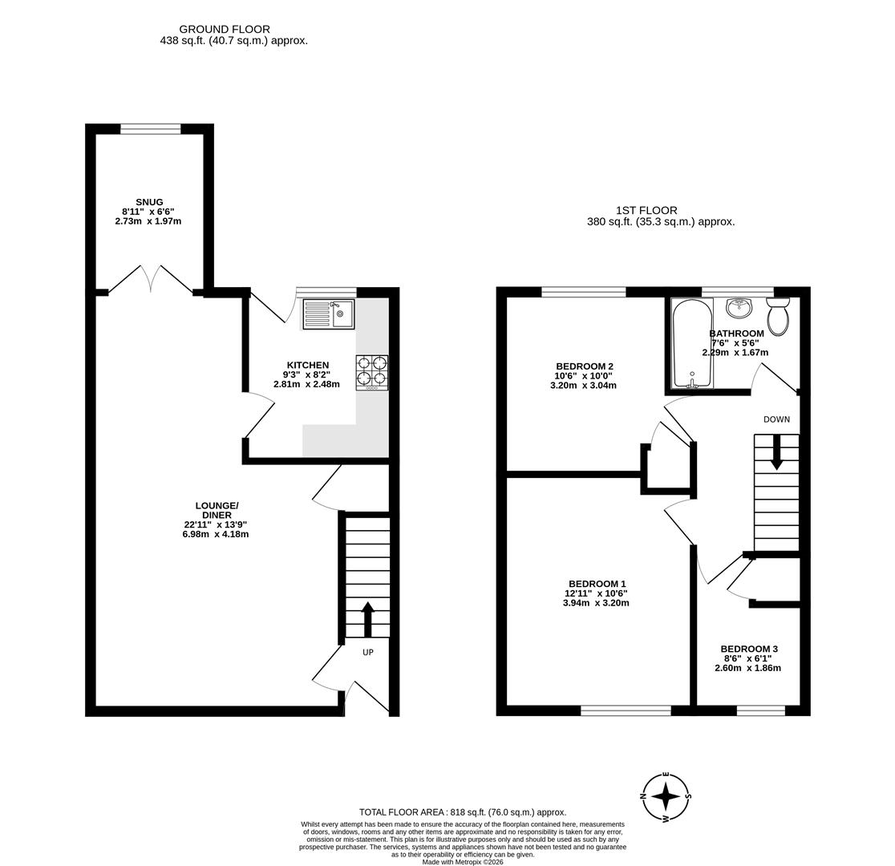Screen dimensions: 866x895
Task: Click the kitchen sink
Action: [x=328, y=314]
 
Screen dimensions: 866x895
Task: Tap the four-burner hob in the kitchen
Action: [x=372, y=373]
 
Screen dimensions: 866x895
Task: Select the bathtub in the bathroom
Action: [x=691, y=344]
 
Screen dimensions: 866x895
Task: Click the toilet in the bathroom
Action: [x=778, y=317]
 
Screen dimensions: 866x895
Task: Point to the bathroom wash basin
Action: [x=739, y=308]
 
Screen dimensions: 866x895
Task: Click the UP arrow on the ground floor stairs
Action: [x=368, y=618]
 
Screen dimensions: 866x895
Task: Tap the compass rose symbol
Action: [x=666, y=796]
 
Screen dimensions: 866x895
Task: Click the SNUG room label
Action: [x=149, y=202]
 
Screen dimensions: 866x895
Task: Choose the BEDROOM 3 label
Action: [x=749, y=649]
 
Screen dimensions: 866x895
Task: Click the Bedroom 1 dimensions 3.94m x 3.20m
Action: [x=596, y=603]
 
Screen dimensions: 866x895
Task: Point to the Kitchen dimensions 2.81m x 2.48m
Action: [x=306, y=384]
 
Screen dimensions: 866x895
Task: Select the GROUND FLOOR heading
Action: [x=225, y=29]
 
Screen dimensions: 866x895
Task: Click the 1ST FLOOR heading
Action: [x=646, y=210]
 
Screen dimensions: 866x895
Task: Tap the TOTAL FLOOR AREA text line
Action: [x=463, y=811]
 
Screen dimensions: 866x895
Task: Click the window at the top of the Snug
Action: [x=151, y=128]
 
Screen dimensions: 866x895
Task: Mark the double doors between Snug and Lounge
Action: [x=151, y=278]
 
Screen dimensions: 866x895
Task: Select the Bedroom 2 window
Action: [x=584, y=292]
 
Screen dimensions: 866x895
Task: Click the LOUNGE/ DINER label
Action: [x=217, y=510]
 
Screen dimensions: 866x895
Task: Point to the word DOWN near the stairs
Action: [x=776, y=419]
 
